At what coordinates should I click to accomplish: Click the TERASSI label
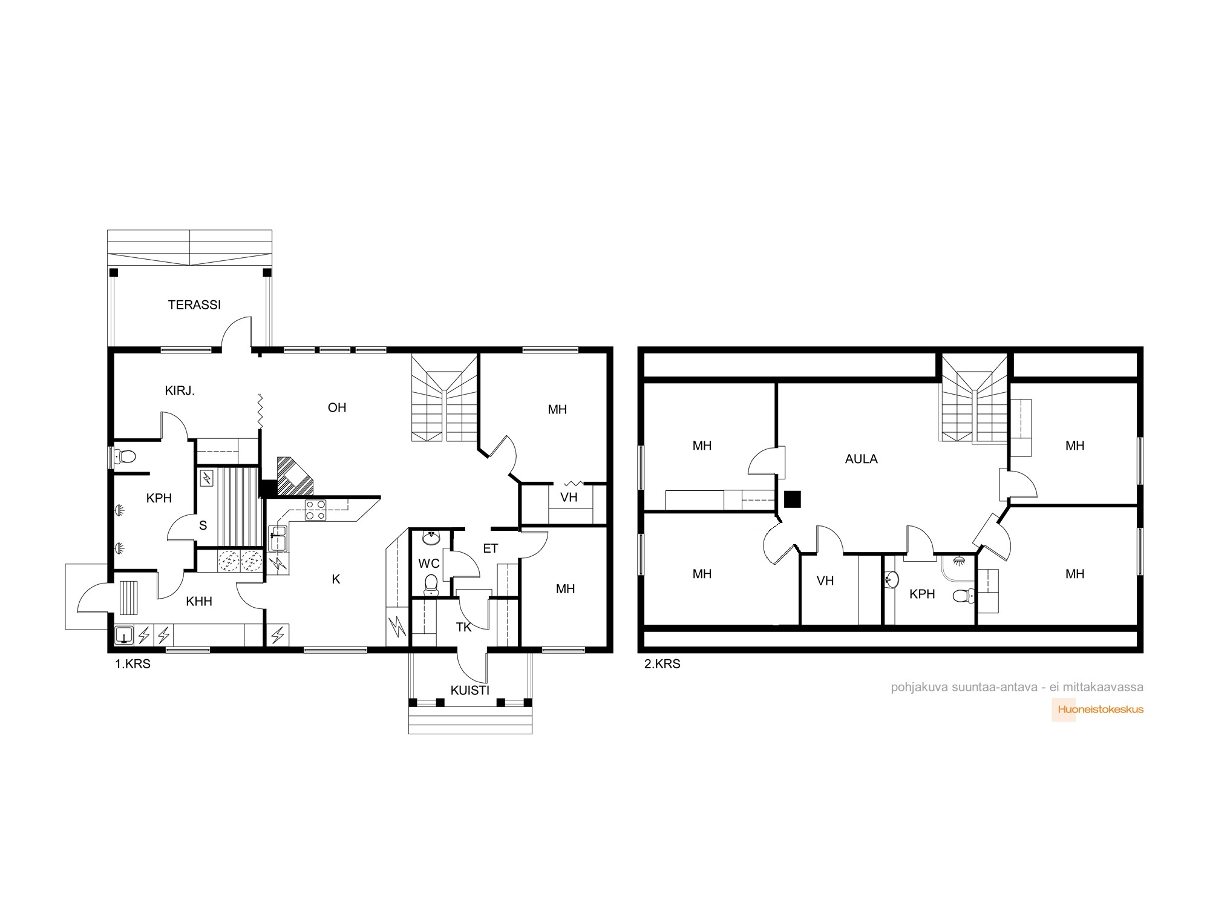point(194,305)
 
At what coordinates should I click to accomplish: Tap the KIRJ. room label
point(180,391)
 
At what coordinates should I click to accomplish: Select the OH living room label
point(337,408)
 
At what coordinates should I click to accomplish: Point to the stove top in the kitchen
point(315,510)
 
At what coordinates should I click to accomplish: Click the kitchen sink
point(278,538)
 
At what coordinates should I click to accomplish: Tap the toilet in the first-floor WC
point(431,582)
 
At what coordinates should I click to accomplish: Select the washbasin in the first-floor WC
point(431,538)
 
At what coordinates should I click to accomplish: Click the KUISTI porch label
point(470,690)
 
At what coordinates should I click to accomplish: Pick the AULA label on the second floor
point(861,459)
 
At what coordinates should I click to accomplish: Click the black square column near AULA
point(792,499)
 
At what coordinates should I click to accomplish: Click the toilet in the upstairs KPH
point(961,596)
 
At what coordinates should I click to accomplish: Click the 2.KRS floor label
point(662,664)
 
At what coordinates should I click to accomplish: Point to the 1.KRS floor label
point(132,664)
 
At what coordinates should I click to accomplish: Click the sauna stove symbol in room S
point(207,479)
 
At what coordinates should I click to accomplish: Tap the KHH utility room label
point(199,602)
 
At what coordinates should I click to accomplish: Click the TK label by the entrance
point(464,627)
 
